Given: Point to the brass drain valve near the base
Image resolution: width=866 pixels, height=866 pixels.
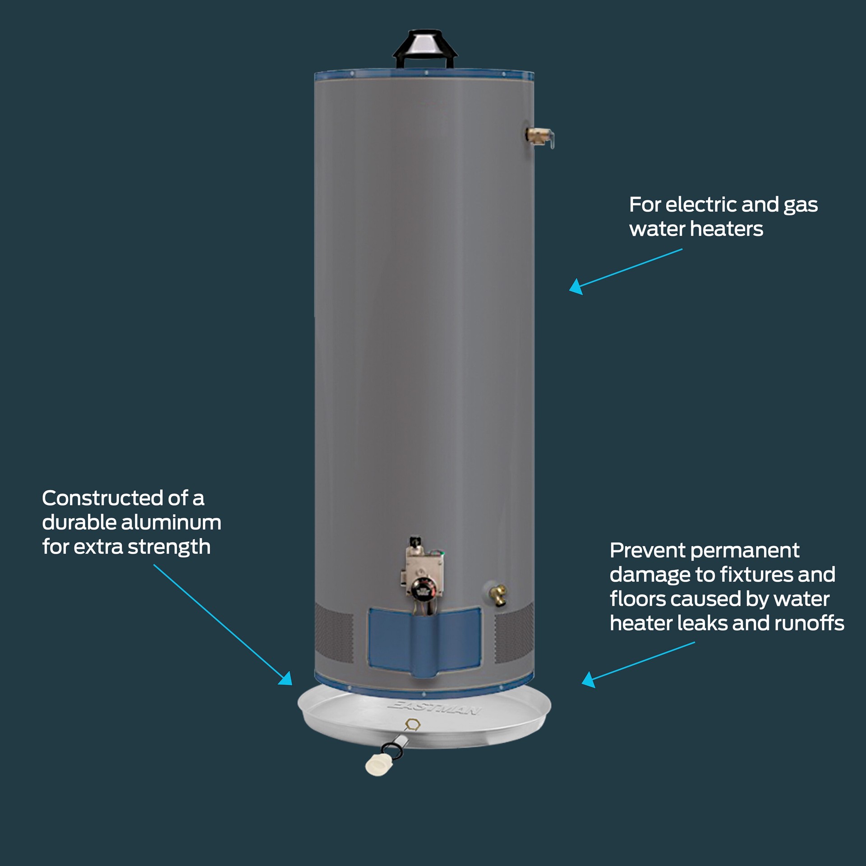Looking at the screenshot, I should click(x=499, y=595).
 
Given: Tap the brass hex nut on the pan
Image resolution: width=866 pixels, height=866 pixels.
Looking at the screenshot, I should click(x=412, y=724).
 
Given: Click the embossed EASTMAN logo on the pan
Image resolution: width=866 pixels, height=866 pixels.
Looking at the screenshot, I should click(x=433, y=707).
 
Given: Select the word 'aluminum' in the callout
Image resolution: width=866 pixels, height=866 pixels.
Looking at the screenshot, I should click(x=171, y=523).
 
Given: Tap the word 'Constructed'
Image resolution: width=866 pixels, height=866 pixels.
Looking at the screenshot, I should click(x=102, y=498).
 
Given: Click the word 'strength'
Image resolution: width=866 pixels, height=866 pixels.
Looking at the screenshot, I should click(x=169, y=547).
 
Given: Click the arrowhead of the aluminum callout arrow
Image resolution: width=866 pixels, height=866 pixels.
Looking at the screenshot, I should click(x=286, y=679).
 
